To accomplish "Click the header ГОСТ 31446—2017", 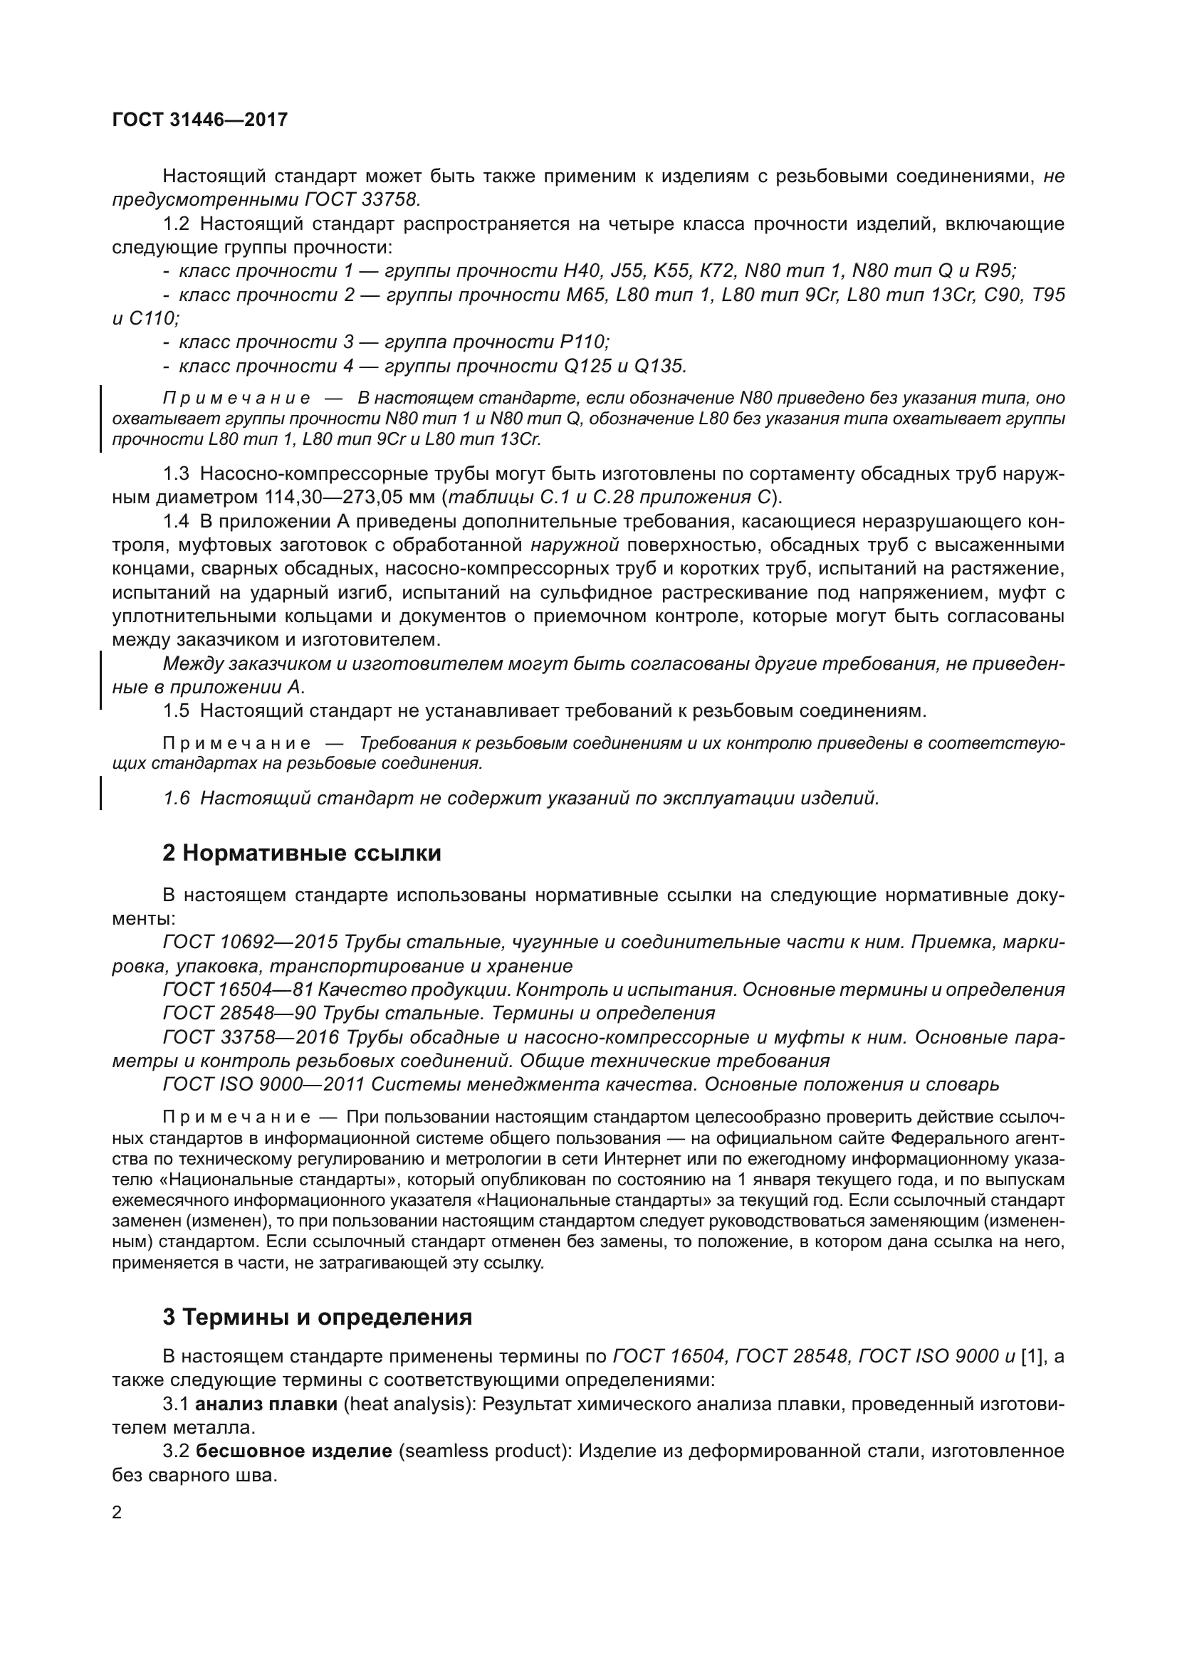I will (x=200, y=120).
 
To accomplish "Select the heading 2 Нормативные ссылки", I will (x=302, y=853).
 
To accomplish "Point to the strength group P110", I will (x=585, y=342).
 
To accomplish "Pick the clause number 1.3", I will (x=176, y=473).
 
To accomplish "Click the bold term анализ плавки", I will (x=267, y=1404).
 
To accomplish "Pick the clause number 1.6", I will (x=176, y=799).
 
